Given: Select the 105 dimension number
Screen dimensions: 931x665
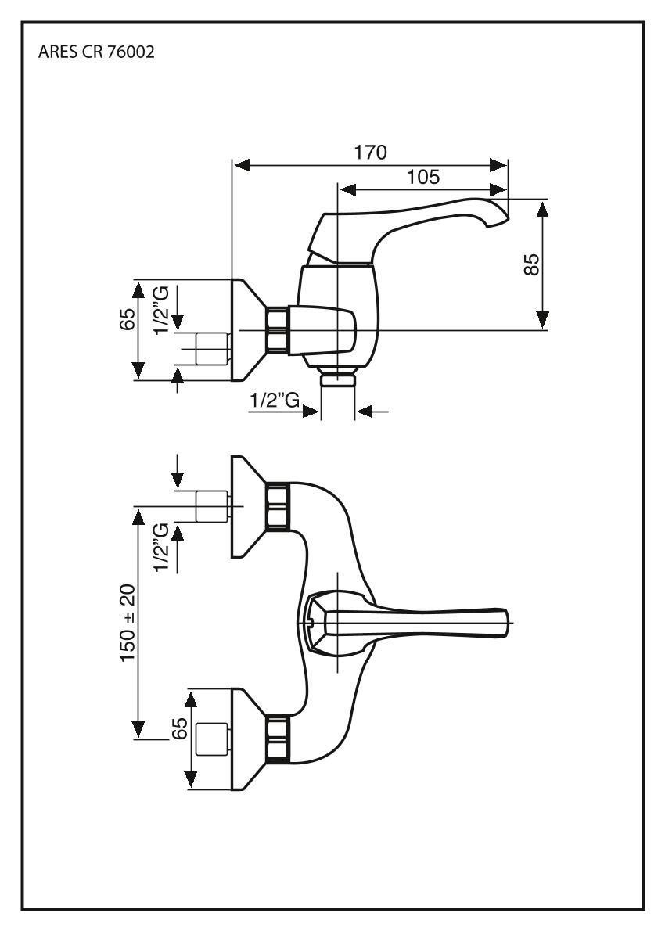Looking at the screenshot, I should coord(422,177).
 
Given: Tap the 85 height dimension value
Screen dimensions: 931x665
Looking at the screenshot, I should coord(532,265).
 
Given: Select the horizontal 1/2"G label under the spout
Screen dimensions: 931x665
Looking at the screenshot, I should coord(275,401).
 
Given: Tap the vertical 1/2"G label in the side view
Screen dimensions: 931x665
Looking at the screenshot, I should coord(161,309).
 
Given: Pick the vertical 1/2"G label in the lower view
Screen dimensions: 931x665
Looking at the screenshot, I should coord(161,548).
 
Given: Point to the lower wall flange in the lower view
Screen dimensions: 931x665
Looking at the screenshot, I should coord(246,739).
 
